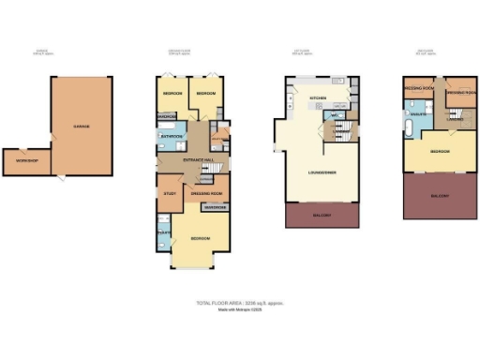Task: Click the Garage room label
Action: [x=82, y=127]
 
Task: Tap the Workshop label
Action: [x=26, y=161]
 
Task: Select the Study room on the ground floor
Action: [x=171, y=194]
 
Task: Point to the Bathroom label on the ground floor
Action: [x=172, y=137]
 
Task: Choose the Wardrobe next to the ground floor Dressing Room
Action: [x=215, y=207]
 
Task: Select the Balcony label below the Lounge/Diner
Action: [x=322, y=217]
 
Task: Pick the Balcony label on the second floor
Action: [x=440, y=196]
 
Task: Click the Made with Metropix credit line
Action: [x=238, y=310]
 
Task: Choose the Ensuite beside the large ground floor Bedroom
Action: [x=163, y=234]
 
